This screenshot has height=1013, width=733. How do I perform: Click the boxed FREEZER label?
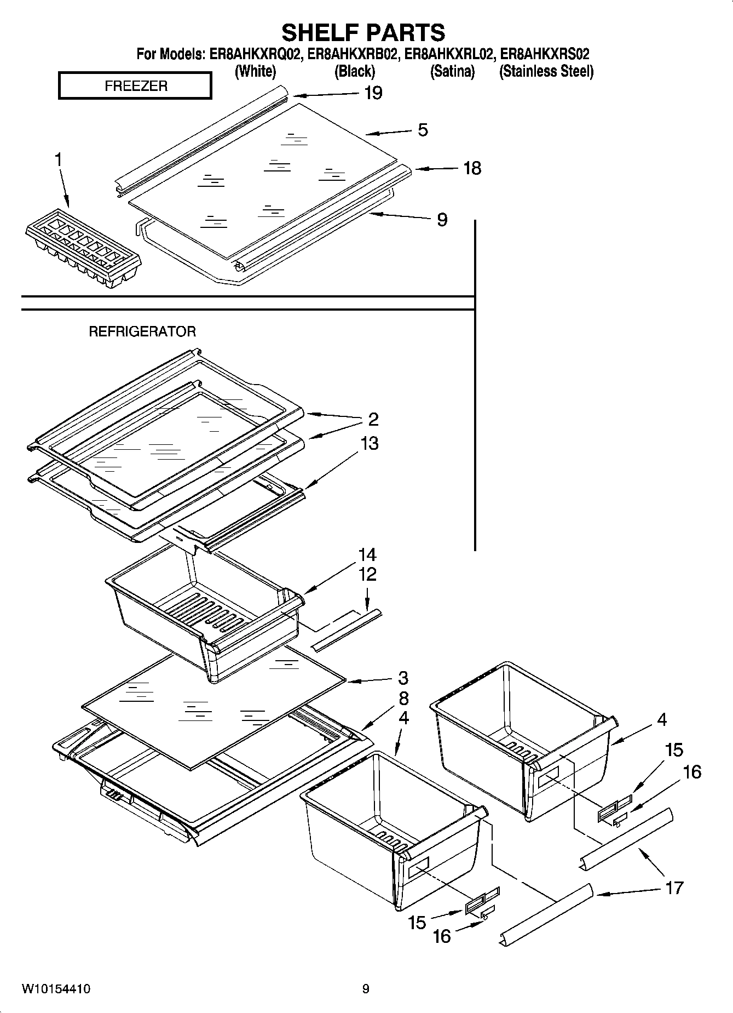point(135,86)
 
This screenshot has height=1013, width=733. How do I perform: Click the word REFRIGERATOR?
point(142,331)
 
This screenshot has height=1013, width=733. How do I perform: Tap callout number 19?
point(373,93)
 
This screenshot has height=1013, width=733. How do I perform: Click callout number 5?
point(423,130)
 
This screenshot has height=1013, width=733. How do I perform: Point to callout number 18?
point(472,168)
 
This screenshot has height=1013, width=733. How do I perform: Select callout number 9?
point(442,220)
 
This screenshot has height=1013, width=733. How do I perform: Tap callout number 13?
point(369,443)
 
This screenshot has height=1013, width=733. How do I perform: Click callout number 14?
point(367,554)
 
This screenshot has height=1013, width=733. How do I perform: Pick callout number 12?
point(367,574)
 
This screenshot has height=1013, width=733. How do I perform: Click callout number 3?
point(403,678)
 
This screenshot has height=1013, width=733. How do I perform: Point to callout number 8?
point(403,699)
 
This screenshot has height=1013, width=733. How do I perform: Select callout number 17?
point(674,887)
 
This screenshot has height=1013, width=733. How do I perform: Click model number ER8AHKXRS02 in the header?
point(545,54)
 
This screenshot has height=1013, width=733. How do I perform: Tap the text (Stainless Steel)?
point(546,71)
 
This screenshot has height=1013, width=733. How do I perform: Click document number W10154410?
point(56,989)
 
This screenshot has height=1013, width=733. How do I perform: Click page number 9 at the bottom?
point(366,989)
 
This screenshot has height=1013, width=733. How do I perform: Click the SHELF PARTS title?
point(363,32)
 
